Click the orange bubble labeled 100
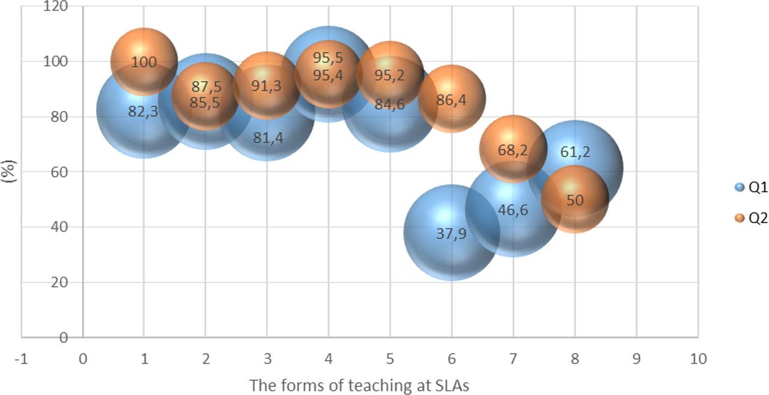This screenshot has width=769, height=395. (x=144, y=61)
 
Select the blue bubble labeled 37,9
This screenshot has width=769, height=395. (x=451, y=233)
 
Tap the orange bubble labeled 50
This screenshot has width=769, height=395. (x=575, y=200)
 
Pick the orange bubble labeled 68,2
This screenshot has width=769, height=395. (x=512, y=149)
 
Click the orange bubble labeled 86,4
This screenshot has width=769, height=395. (x=451, y=99)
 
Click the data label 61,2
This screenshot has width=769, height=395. (x=575, y=152)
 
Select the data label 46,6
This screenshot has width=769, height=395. (x=512, y=210)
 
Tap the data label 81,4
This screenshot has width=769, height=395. (x=267, y=138)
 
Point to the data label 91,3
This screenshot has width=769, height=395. (x=266, y=86)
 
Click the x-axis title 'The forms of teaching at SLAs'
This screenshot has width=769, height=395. (x=359, y=385)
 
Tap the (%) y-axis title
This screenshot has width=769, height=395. (x=8, y=171)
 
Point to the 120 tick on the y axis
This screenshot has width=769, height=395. (x=56, y=7)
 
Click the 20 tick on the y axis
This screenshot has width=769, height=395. (x=59, y=282)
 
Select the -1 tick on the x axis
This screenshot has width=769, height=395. (x=21, y=359)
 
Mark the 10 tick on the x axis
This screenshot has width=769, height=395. (x=698, y=359)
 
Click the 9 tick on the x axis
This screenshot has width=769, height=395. (x=636, y=359)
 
